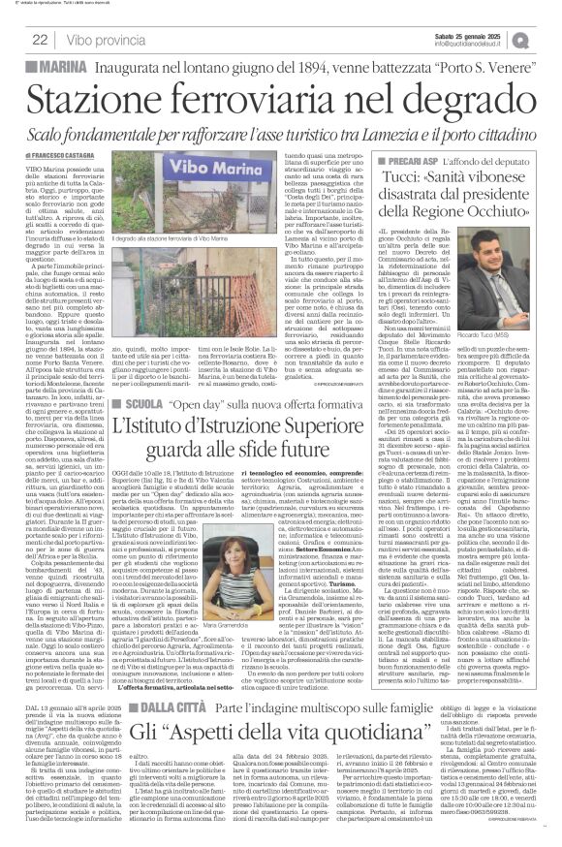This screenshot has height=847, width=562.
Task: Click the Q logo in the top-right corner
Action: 547,38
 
